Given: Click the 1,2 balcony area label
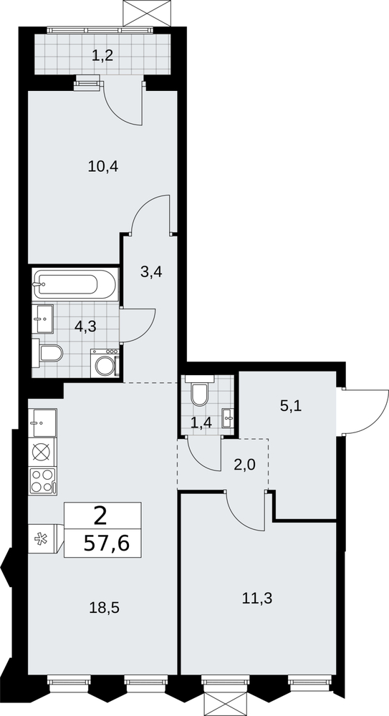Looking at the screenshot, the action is click(102, 56).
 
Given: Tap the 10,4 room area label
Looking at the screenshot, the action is click(103, 167).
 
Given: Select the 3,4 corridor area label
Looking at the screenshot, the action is click(151, 272).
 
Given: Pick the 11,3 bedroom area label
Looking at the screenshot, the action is click(257, 597).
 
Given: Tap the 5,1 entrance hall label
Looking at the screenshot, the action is click(291, 406).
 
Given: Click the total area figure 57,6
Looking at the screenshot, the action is click(107, 543).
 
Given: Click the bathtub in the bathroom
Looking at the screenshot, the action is click(75, 284).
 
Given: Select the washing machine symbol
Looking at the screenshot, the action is click(105, 364).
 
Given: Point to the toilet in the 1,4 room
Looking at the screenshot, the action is click(199, 392).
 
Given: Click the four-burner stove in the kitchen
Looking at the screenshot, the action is click(42, 481).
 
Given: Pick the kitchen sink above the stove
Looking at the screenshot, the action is click(42, 423).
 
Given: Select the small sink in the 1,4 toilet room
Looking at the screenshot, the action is click(228, 418).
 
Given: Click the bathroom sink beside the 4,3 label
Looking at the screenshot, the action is click(43, 319).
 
